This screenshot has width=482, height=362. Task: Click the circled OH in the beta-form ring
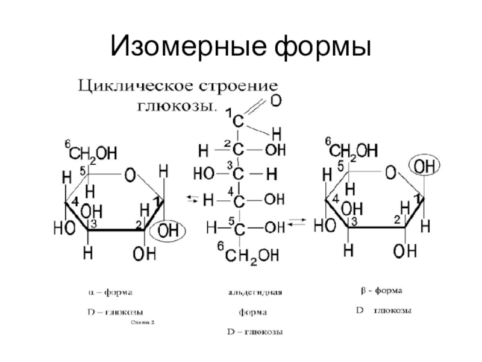(425, 165)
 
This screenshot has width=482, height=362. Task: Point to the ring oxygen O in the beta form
(390, 174)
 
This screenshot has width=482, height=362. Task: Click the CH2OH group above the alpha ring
(88, 150)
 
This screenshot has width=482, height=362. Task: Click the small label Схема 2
(142, 323)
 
